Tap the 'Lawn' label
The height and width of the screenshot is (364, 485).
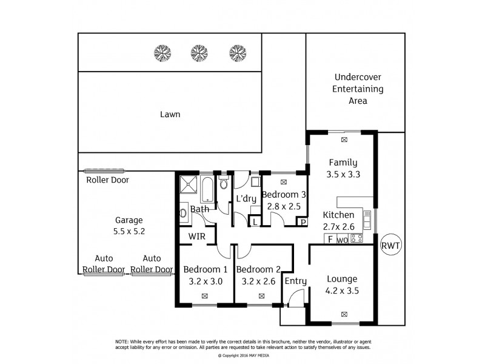(170, 114)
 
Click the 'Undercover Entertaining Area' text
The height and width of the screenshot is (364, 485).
(358, 89)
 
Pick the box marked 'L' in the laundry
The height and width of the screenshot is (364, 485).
(254, 223)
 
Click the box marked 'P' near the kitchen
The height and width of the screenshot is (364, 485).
(303, 223)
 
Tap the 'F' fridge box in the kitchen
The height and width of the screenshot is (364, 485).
(330, 239)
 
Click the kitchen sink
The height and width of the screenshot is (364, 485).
(367, 215)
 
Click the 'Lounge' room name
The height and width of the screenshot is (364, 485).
(342, 279)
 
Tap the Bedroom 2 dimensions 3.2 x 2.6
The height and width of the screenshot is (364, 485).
(258, 281)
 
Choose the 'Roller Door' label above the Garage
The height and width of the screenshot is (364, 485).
(107, 180)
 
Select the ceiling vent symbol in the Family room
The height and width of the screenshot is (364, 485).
(344, 140)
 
